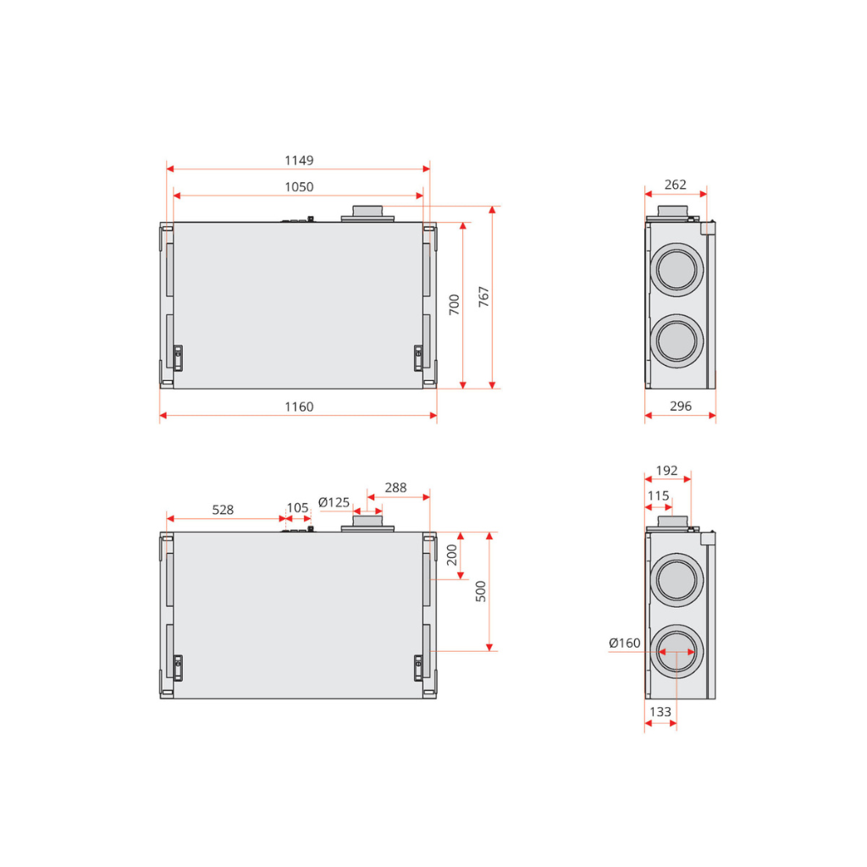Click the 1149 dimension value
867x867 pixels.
[298, 160]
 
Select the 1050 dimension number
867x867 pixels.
[298, 187]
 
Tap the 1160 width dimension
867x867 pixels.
[298, 407]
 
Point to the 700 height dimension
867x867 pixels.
[455, 305]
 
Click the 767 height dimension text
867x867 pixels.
[484, 296]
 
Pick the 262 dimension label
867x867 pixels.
[675, 185]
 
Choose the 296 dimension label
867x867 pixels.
[680, 406]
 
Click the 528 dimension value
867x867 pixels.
[223, 510]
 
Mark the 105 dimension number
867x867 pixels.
[298, 508]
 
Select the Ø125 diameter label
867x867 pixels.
[334, 502]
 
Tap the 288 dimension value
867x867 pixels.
[395, 488]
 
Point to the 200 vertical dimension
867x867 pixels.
[452, 555]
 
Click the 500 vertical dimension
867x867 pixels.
[481, 591]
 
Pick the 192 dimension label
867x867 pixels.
[667, 471]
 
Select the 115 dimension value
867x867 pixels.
[658, 496]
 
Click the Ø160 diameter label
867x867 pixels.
[625, 643]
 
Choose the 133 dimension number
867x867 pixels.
[660, 712]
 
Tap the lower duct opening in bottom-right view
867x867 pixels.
[677, 652]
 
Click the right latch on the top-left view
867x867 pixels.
[417, 357]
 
